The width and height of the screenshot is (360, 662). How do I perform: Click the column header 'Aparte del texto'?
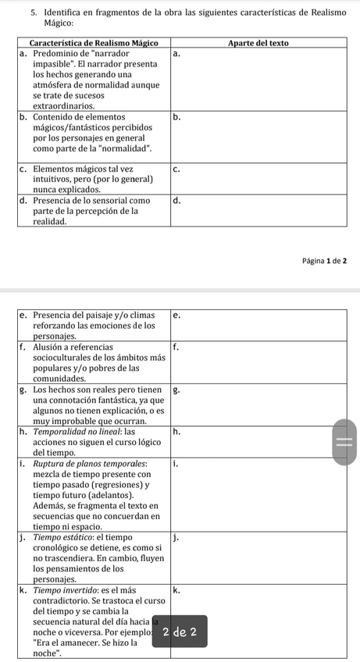click(x=258, y=43)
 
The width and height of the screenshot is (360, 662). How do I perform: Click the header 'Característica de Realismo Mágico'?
click(x=93, y=43)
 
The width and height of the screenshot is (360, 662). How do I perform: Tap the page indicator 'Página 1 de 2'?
click(x=319, y=259)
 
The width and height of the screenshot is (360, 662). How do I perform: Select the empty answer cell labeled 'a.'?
click(x=258, y=78)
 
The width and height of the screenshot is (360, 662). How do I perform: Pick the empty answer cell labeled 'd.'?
click(x=258, y=211)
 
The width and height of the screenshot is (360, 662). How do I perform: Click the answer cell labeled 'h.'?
click(x=258, y=442)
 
